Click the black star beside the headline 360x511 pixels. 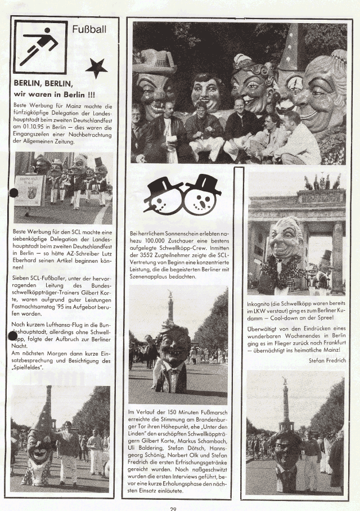point(96,68)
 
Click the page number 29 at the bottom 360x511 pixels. point(174,508)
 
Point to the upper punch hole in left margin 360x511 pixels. point(13,193)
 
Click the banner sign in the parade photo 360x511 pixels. point(29,190)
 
